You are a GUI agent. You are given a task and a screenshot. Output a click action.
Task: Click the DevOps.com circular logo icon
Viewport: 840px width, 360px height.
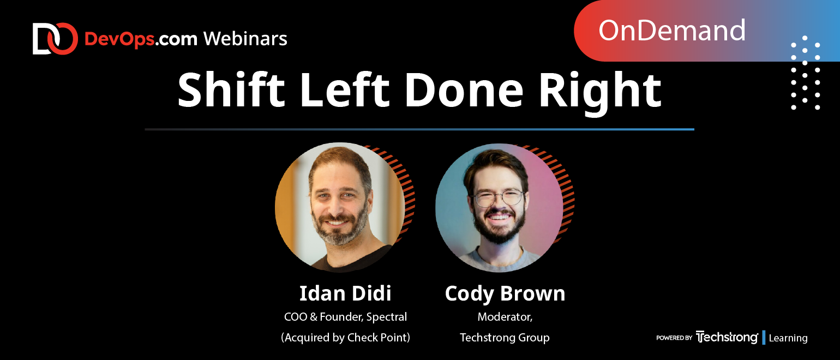point(55,39)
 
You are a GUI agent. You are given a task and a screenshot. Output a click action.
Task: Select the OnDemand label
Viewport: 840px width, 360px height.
point(671,31)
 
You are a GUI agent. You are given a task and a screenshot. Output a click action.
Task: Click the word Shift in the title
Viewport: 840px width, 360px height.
point(231,91)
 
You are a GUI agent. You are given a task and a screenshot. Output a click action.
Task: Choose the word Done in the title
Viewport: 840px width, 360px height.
point(464,91)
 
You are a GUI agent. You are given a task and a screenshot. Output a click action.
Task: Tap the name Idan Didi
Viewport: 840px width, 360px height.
point(345,293)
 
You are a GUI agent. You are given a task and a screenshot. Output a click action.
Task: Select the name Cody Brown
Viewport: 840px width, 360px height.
point(505,293)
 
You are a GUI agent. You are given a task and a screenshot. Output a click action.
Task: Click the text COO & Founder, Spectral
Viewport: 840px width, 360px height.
point(345,317)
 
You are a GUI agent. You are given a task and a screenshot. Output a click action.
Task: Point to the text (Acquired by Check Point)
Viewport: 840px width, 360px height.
point(345,338)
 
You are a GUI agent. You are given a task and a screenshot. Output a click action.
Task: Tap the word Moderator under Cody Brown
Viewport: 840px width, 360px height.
point(505,317)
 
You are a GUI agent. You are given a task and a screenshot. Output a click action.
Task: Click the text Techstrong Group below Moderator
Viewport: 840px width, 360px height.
point(505,338)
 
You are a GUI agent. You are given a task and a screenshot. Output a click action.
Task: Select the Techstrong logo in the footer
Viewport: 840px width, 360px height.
point(727,337)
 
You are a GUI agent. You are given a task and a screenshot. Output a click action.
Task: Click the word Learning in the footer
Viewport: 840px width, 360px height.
point(788,338)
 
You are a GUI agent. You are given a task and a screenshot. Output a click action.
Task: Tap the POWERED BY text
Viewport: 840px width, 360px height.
point(674,338)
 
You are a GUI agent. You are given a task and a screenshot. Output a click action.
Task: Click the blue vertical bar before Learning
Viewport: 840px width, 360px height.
point(764,338)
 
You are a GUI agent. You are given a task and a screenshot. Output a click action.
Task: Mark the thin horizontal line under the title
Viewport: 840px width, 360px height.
point(419,129)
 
